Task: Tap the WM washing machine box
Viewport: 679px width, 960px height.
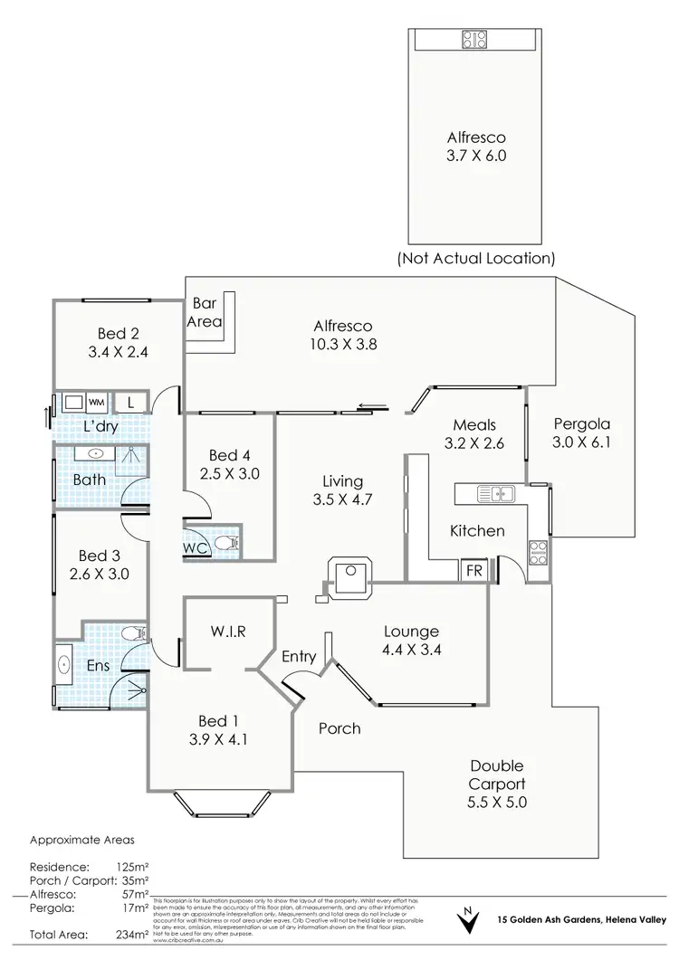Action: [x=97, y=401]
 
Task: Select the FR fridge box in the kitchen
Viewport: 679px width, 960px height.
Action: [x=473, y=571]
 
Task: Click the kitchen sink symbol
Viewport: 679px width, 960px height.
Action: [x=495, y=494]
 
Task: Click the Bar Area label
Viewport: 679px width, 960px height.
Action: [x=204, y=313]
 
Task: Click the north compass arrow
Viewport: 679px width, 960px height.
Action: [x=467, y=923]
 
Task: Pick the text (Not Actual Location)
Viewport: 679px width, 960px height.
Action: [x=475, y=258]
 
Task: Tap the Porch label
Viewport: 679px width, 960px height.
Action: [x=339, y=727]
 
